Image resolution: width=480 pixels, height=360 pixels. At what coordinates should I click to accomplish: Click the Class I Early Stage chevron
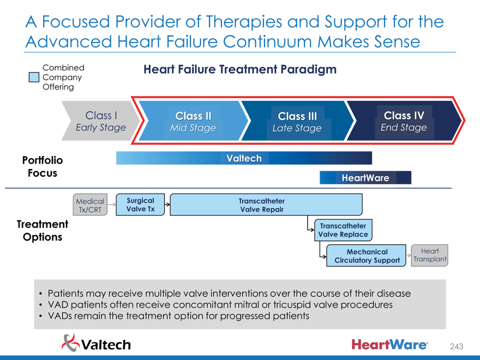point(100,121)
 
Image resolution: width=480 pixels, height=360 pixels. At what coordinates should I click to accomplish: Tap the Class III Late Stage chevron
point(297,122)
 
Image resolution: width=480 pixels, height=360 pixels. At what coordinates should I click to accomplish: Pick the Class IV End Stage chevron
point(404,121)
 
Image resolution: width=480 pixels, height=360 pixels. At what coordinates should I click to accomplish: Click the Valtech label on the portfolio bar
point(244,158)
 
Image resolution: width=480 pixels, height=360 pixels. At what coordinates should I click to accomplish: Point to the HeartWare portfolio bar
point(365,178)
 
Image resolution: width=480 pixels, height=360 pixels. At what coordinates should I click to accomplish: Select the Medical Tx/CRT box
point(90,205)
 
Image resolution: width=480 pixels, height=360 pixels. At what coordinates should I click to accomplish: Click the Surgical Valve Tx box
point(140,205)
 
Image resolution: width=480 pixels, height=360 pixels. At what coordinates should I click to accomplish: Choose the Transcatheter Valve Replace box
point(343,230)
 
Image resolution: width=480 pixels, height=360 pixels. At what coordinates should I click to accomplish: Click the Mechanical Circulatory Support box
point(367,256)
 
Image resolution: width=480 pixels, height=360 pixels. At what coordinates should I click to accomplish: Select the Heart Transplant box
point(430,255)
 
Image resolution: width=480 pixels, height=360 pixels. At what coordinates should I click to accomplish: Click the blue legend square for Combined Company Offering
point(34,77)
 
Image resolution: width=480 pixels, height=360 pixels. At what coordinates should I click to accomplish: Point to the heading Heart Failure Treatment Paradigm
point(239,69)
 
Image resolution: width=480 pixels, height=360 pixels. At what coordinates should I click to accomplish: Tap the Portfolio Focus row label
point(43,166)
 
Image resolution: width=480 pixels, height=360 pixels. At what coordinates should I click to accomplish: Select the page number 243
point(457,346)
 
